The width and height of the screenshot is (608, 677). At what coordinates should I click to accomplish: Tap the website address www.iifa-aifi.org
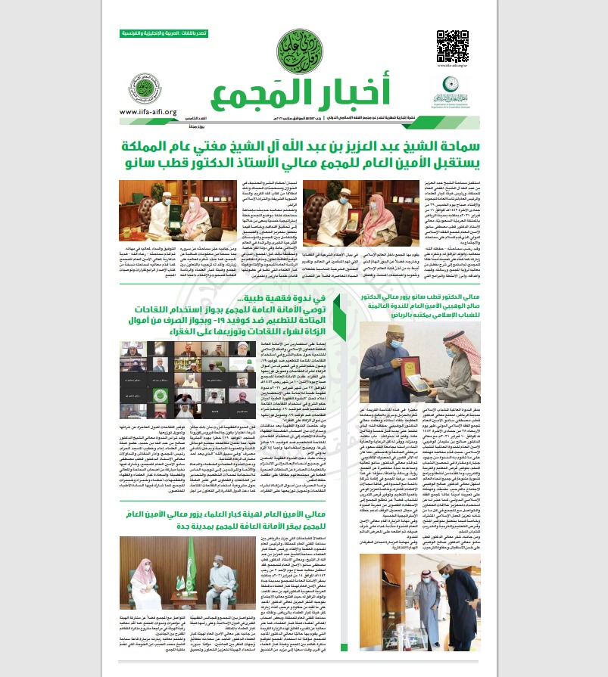pos(147,112)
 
